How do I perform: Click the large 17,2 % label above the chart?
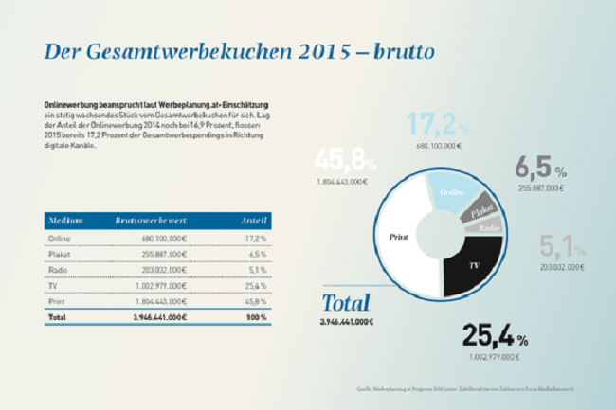point(439,124)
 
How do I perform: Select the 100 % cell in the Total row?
point(257,317)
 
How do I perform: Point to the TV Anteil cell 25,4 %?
point(256,285)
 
